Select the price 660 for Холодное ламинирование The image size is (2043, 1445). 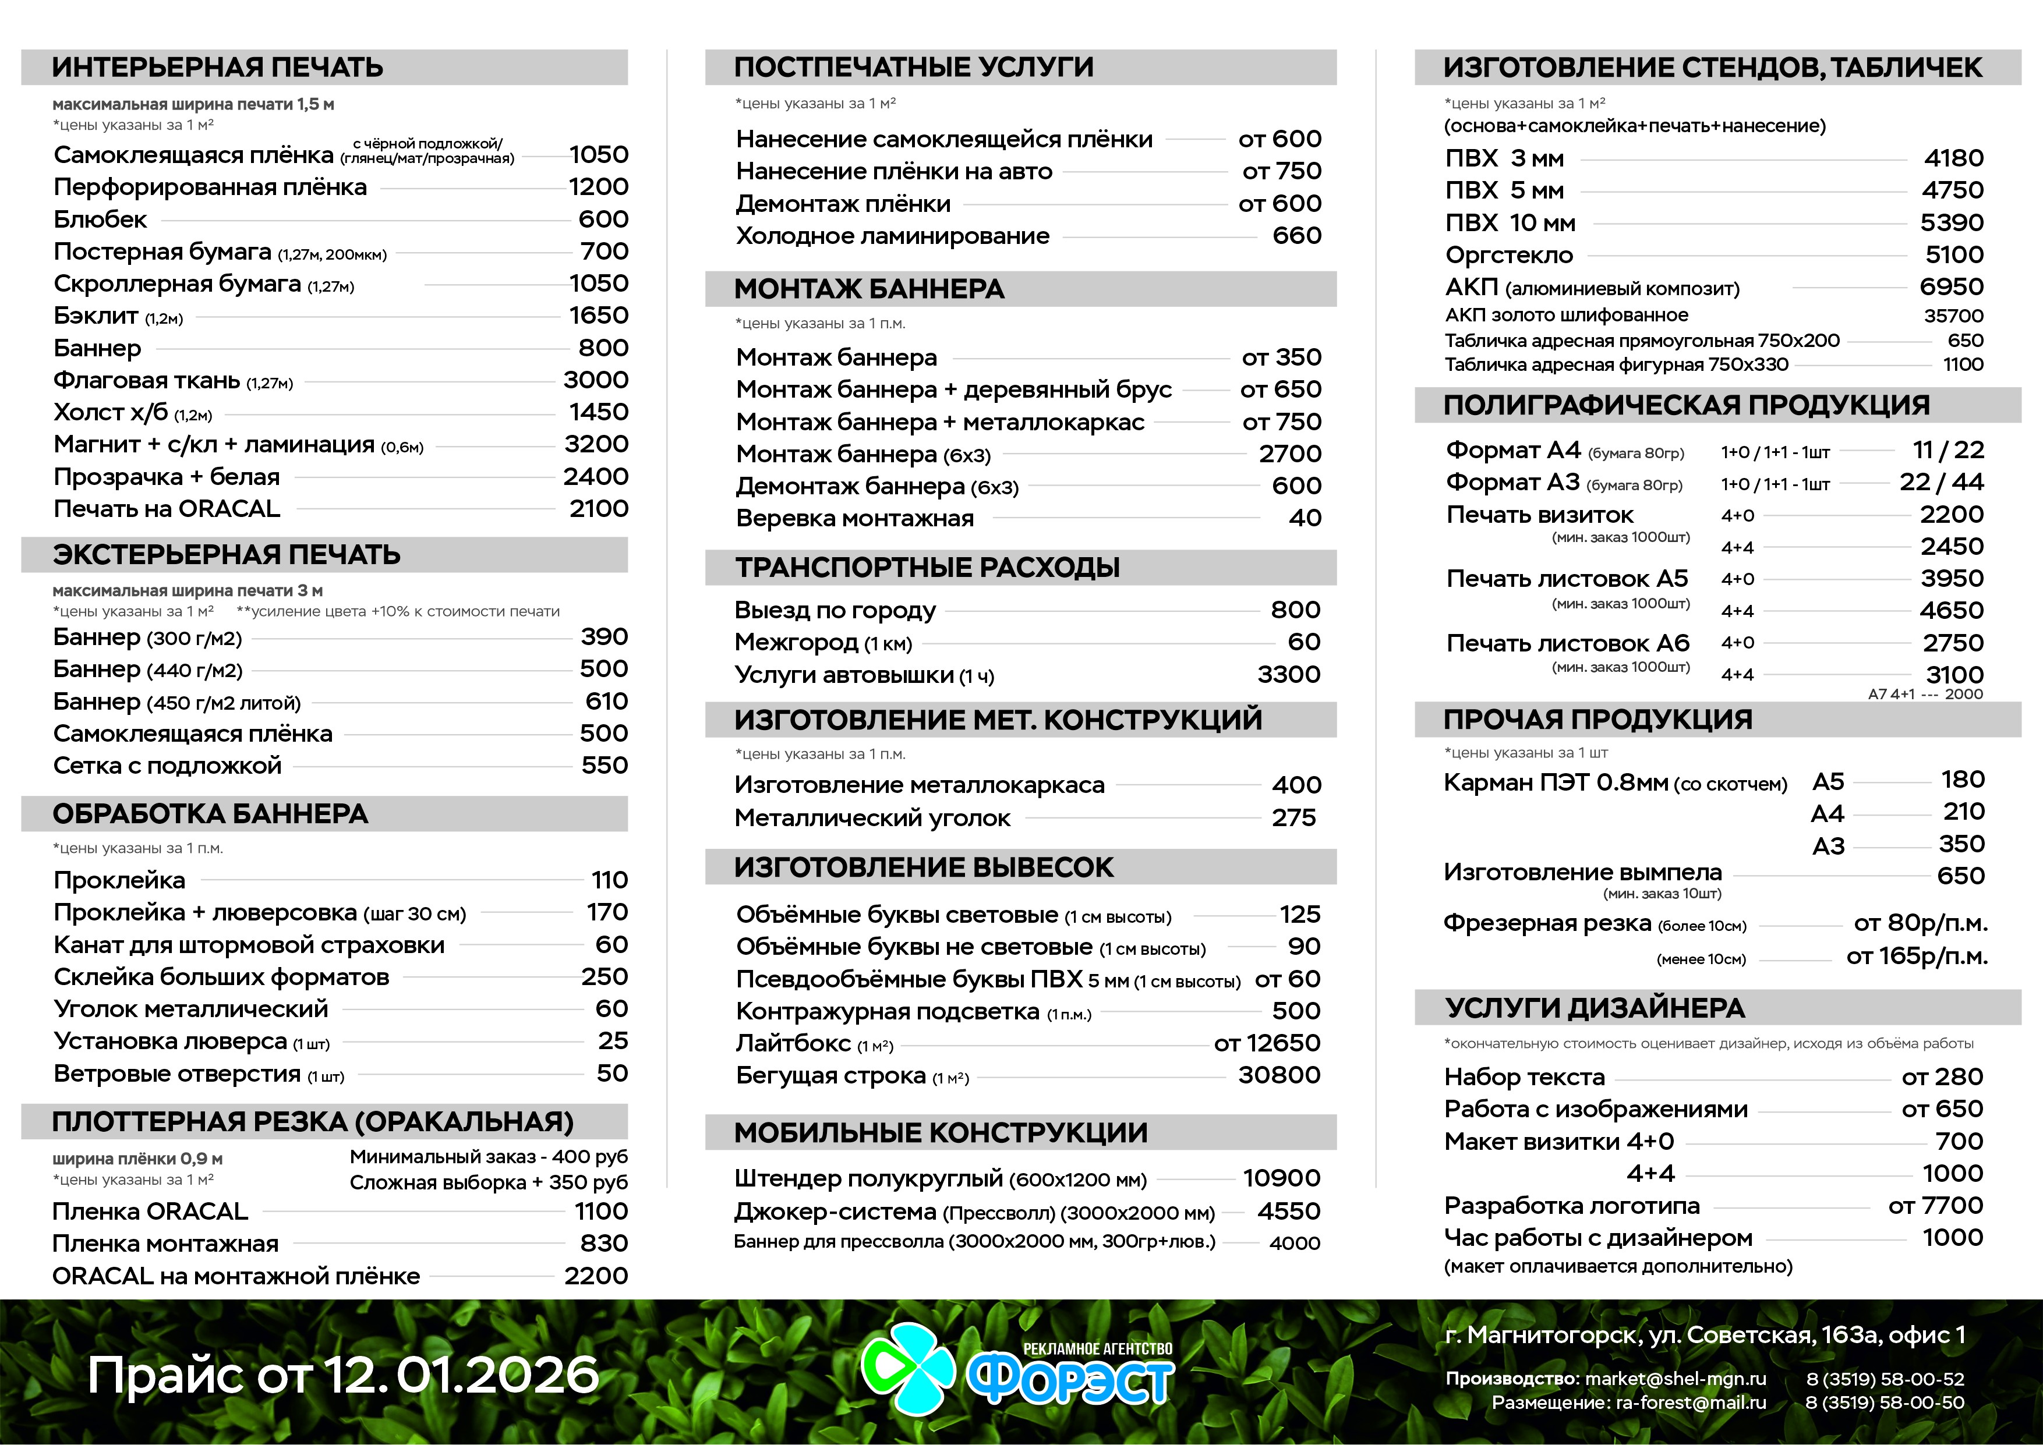coord(1296,236)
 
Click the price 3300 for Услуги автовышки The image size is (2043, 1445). coord(1288,674)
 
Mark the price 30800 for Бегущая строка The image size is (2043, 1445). coord(1279,1075)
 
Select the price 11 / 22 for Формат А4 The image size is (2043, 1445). coord(1948,450)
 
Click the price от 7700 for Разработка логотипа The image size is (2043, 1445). coord(1935,1206)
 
